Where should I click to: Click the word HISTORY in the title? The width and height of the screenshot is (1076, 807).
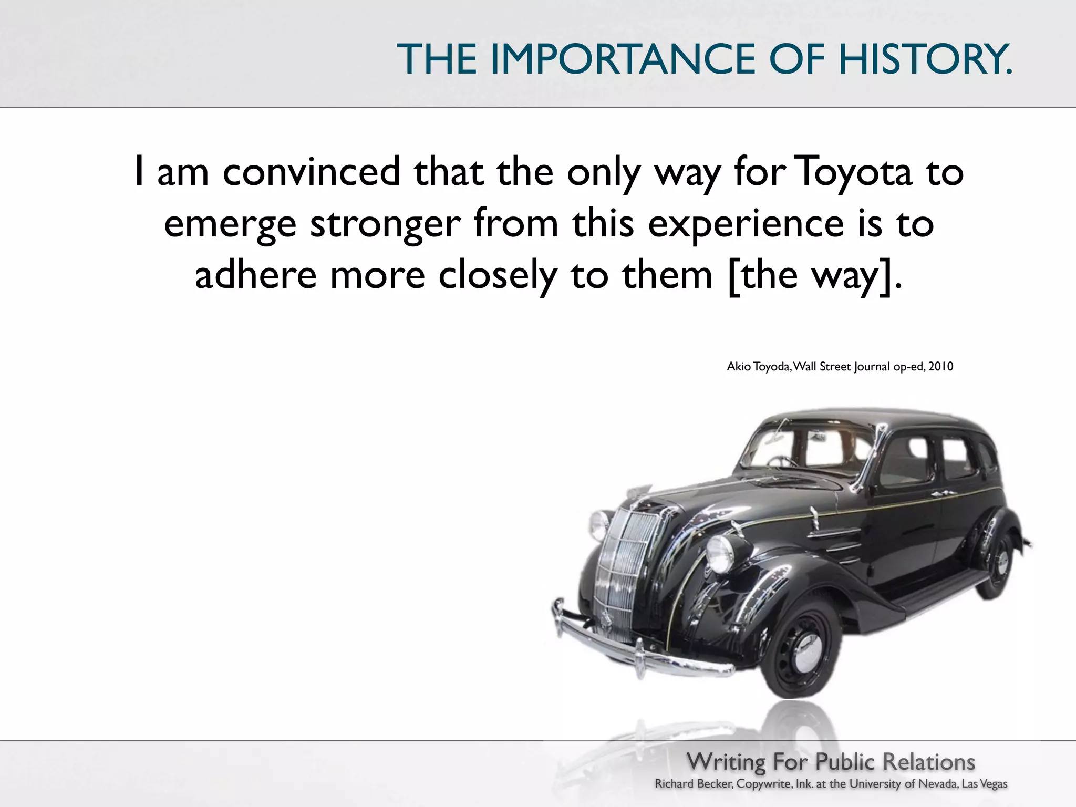pos(924,59)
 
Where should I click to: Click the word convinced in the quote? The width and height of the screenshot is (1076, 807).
pos(311,172)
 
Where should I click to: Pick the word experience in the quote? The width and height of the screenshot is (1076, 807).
pos(746,223)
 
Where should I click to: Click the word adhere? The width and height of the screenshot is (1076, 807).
pos(255,275)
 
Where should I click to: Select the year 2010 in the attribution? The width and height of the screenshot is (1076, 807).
pos(940,367)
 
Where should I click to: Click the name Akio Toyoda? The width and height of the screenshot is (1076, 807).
pos(758,367)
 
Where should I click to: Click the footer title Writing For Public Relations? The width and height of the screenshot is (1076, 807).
pos(831,762)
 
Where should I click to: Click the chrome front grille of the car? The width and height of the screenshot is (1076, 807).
pos(623,567)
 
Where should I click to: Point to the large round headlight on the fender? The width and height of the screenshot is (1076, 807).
pos(720,554)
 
